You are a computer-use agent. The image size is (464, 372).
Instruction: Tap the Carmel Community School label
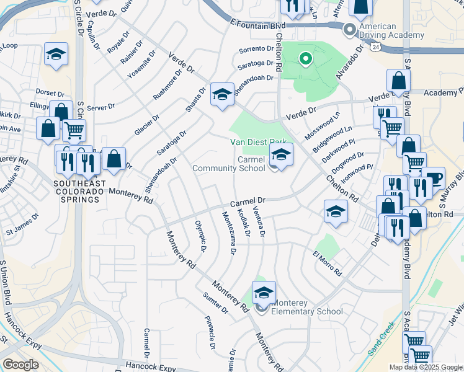[228, 164]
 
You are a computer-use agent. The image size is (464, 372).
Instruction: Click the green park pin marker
[305, 60]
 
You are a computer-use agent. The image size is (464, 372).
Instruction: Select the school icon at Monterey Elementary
[264, 293]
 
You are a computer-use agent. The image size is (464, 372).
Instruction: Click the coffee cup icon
[434, 178]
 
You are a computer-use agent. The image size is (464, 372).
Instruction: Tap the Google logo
[20, 365]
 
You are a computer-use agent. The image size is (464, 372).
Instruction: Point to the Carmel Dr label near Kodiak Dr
[248, 203]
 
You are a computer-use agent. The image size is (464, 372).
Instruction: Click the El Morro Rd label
[327, 263]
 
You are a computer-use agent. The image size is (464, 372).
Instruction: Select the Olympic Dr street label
[200, 236]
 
